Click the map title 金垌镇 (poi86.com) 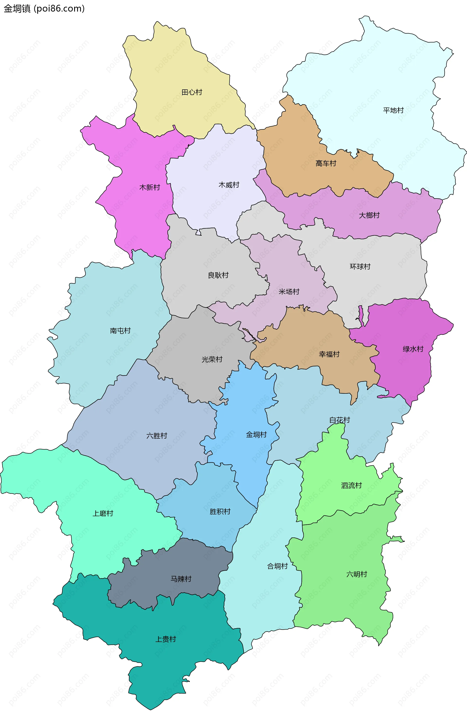click(44, 9)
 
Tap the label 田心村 click(192, 92)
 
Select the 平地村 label click(393, 110)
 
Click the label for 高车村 click(326, 163)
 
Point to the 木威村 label click(229, 185)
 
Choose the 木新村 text click(150, 187)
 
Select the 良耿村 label click(218, 275)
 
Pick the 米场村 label click(289, 292)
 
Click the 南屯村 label click(120, 331)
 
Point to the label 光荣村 click(212, 359)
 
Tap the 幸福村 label click(329, 354)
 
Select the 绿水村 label click(413, 349)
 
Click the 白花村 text click(339, 420)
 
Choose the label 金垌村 click(256, 435)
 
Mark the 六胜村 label click(157, 436)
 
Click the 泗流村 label click(351, 485)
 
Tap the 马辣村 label click(181, 579)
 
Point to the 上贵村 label click(166, 639)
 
